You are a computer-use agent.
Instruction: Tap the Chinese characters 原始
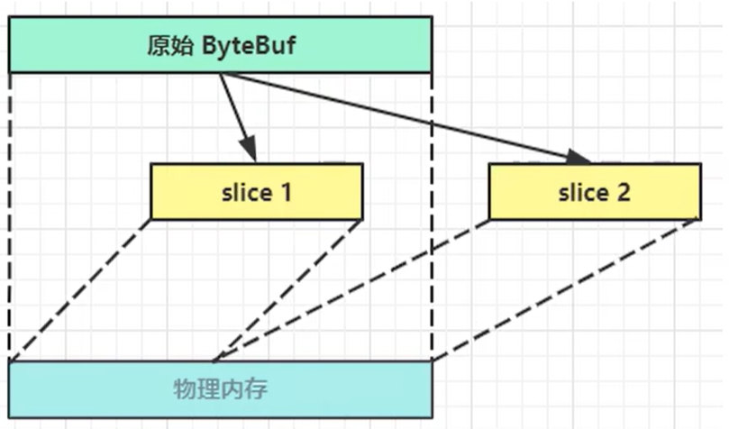167,45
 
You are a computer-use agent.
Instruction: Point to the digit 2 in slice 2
624,191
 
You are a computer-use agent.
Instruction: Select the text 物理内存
220,389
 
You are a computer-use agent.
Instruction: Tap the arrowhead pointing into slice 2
579,158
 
